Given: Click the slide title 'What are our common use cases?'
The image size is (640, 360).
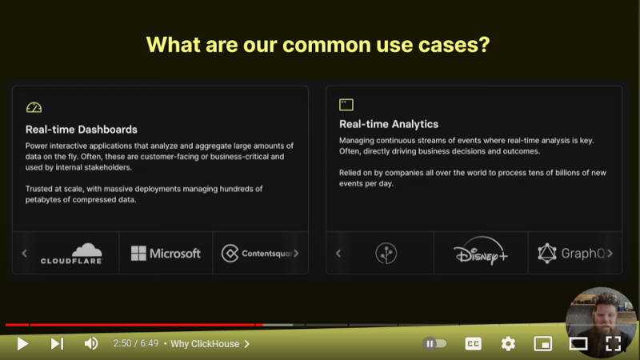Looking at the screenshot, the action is [318, 45].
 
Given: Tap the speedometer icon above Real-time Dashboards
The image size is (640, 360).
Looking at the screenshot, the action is [34, 107].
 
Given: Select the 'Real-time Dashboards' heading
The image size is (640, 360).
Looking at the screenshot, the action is [82, 130].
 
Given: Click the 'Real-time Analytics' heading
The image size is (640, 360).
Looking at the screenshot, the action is [389, 124].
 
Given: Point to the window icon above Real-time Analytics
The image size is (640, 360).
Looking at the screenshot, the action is [346, 105].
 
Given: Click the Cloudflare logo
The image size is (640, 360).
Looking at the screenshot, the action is [71, 254].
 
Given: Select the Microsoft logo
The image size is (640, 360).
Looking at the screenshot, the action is [166, 254].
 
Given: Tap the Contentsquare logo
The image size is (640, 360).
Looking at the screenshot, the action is [257, 254].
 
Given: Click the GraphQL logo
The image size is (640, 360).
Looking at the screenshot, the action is [571, 254].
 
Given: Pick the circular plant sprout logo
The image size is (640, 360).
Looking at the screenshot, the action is [386, 254].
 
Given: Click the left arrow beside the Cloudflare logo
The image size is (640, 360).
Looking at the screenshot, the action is [25, 254].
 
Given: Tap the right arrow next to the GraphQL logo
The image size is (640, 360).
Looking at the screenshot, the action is [610, 254].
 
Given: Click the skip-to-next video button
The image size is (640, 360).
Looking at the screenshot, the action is [57, 344].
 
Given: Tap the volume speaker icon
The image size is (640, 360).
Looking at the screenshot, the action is [91, 344].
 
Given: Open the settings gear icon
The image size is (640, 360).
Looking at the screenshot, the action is [508, 344].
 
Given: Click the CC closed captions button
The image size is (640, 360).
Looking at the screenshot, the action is [473, 344].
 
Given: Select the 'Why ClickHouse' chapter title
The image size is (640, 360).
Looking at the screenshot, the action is [205, 344].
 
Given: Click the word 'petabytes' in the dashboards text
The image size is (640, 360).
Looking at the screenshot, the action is [43, 199].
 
